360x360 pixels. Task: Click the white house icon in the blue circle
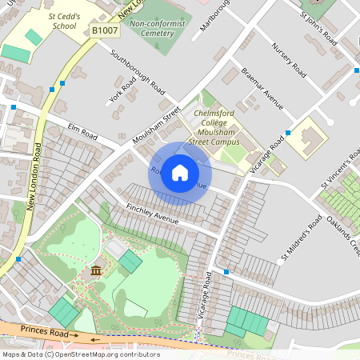(x=180, y=173)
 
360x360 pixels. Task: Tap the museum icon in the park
(x=97, y=270)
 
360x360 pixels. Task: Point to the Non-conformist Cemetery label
(x=162, y=30)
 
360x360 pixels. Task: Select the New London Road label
(x=34, y=176)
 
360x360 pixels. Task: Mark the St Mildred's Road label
(x=299, y=237)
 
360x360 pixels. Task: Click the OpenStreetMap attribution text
(x=80, y=354)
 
